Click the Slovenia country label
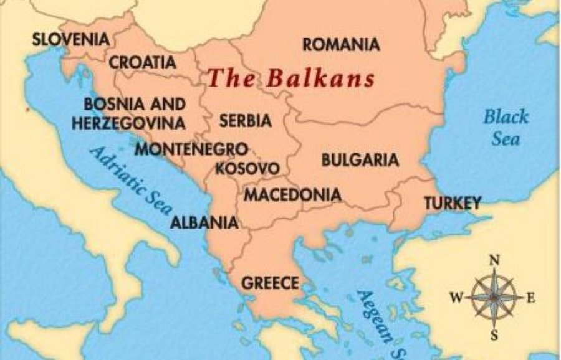(x=70, y=39)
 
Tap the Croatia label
(x=142, y=62)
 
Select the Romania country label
(x=340, y=45)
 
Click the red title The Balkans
(x=291, y=79)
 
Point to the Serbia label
(x=245, y=120)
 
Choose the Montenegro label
(x=192, y=150)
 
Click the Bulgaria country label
(x=360, y=159)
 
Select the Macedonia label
(x=292, y=195)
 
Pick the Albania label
(x=204, y=222)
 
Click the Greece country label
(x=270, y=283)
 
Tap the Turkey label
(x=453, y=202)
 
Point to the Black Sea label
(x=506, y=127)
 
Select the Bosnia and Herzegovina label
(x=129, y=113)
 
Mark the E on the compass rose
(x=531, y=298)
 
